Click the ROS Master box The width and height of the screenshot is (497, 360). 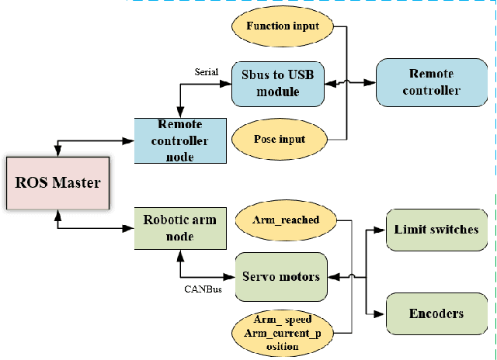click(59, 184)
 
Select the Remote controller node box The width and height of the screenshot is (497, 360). click(180, 140)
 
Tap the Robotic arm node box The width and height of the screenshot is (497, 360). click(180, 228)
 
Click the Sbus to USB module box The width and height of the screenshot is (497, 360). click(277, 83)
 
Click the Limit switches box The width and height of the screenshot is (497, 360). click(436, 230)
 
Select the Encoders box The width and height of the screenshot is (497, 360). click(436, 313)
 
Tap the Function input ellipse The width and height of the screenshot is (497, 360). click(283, 26)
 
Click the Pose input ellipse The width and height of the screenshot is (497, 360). click(279, 140)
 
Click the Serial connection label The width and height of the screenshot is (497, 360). click(207, 71)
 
